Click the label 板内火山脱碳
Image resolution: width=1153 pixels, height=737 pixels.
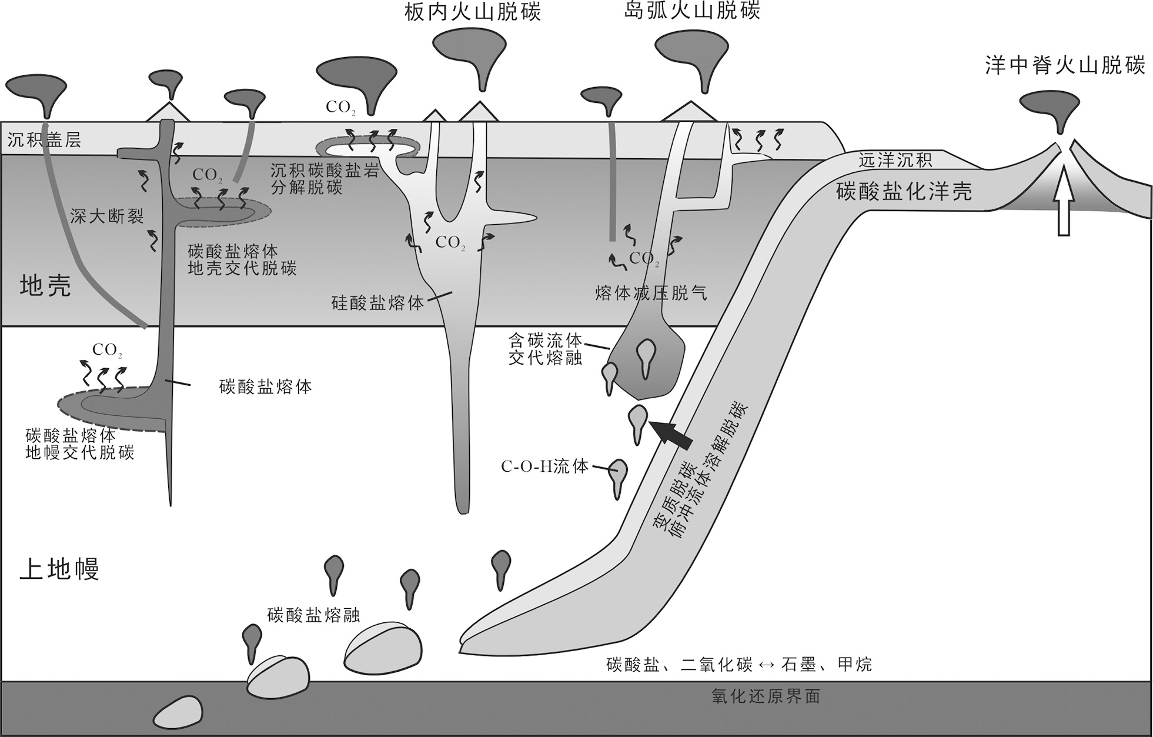(473, 12)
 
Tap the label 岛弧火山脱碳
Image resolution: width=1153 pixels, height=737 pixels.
(692, 11)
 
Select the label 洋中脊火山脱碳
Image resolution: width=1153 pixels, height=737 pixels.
(1065, 66)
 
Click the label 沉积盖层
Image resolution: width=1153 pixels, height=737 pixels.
(44, 139)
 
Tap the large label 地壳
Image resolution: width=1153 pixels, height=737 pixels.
(45, 286)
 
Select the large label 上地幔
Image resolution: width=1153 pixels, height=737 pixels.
(59, 569)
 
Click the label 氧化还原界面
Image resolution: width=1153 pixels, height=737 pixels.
(765, 697)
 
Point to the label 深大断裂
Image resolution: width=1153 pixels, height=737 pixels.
(106, 216)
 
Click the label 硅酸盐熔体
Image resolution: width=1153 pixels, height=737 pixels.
(377, 303)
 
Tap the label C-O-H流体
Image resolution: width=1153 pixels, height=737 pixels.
(544, 467)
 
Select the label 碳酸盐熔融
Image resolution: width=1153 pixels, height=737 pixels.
(313, 615)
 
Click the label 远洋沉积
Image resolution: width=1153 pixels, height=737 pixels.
(895, 160)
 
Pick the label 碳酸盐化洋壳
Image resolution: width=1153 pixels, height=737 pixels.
(904, 191)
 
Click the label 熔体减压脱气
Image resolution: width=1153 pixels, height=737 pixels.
(651, 292)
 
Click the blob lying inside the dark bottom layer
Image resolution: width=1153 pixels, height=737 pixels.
(178, 712)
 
